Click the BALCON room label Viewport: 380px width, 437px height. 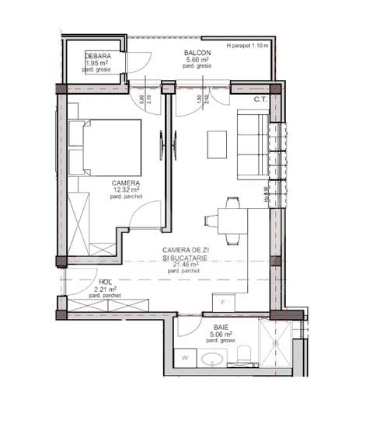click(196, 53)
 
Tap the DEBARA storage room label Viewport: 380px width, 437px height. click(98, 57)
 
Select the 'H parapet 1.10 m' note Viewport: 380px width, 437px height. click(247, 47)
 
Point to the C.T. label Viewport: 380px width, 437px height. click(260, 99)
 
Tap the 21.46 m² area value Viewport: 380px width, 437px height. click(180, 264)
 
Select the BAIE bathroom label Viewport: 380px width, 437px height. click(210, 328)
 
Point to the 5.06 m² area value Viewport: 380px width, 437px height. click(210, 335)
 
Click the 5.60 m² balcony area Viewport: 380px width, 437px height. click(196, 60)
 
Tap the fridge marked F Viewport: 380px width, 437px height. click(224, 302)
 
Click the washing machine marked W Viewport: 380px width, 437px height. click(186, 359)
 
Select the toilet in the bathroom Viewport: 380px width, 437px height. click(243, 356)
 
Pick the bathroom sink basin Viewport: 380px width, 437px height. click(212, 359)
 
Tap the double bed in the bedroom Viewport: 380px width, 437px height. click(105, 147)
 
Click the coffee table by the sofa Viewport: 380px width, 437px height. click(217, 144)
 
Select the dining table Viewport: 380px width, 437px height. click(232, 221)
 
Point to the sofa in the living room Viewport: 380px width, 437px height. click(252, 144)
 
